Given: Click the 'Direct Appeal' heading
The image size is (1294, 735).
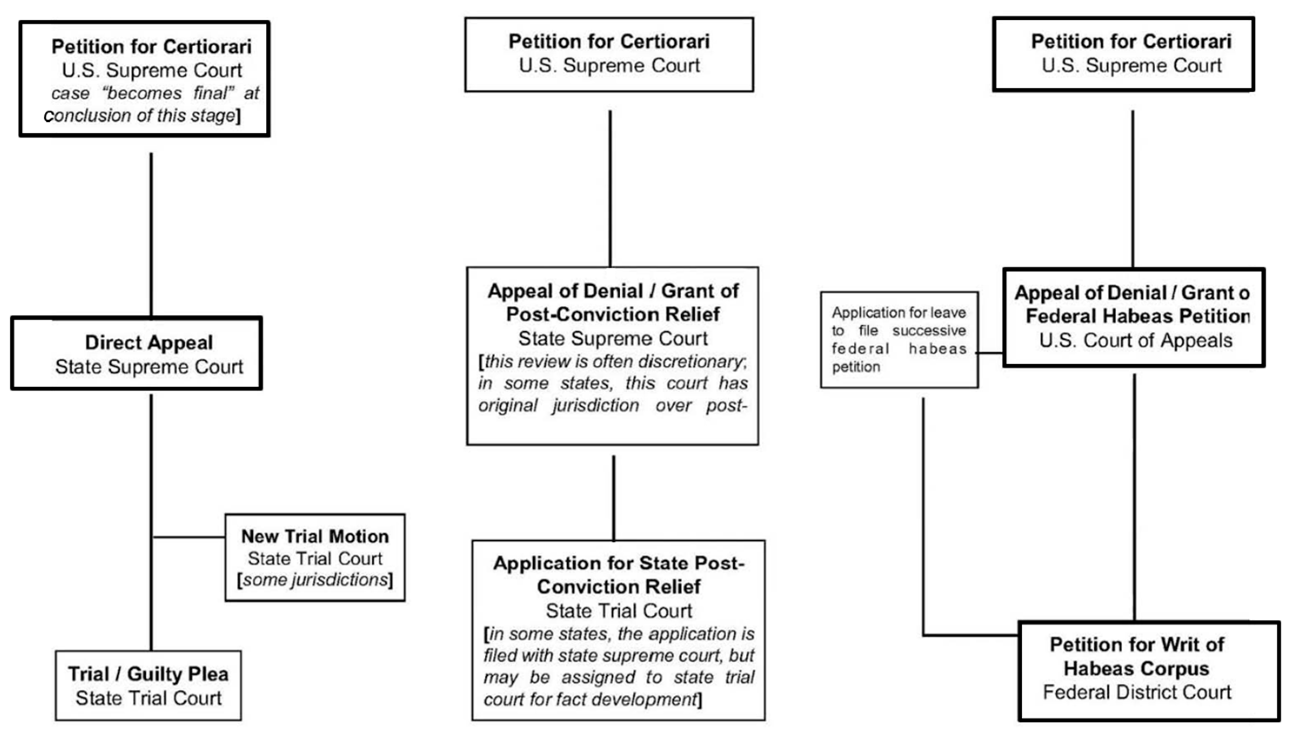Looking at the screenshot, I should tap(149, 343).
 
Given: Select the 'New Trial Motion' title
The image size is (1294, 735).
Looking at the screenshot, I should tap(315, 536).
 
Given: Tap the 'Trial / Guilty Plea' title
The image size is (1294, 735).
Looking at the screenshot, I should tap(148, 674).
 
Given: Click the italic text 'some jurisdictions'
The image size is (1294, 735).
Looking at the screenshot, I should tap(315, 580).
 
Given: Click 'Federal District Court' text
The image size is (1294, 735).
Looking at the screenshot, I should tap(1137, 692).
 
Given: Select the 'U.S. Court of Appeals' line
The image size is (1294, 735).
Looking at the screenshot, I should tap(1136, 341).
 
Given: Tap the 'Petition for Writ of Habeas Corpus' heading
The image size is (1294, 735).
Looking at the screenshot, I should tap(1137, 656).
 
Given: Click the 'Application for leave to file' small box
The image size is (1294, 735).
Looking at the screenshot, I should tap(899, 339).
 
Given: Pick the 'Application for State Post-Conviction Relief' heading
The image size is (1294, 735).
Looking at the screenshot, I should tap(619, 575).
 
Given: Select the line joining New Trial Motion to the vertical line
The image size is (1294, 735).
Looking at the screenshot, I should tap(189, 537).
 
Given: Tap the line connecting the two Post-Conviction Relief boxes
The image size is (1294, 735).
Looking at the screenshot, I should tap(614, 497).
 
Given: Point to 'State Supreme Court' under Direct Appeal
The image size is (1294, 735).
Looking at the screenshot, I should tap(149, 367).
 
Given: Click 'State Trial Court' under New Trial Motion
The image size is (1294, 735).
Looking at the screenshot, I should tap(315, 559).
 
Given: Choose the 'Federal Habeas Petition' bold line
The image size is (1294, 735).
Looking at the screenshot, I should tap(1138, 317).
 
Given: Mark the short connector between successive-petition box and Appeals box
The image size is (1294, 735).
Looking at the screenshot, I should tap(991, 353).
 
